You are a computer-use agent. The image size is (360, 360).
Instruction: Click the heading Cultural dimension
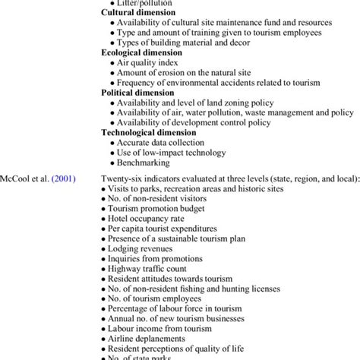[x=138, y=13]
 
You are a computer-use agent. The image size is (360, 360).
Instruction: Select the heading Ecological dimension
[x=142, y=53]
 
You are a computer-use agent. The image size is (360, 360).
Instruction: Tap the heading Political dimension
[x=137, y=93]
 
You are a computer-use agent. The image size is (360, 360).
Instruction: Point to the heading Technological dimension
[x=149, y=132]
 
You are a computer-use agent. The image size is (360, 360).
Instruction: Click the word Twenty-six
[x=122, y=177]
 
